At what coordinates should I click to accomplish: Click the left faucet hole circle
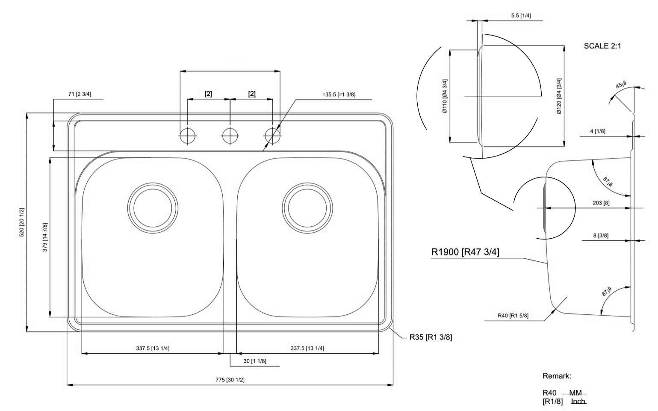187,136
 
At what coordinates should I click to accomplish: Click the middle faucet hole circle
230,136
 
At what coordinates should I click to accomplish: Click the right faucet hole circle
272,136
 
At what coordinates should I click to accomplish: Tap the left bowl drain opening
153,208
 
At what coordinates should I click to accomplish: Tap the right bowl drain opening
307,208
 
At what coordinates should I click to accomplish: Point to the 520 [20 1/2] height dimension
22,222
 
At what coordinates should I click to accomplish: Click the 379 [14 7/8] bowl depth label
45,237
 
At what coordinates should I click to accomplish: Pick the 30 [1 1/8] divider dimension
255,361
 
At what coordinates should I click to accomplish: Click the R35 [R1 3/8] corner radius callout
430,337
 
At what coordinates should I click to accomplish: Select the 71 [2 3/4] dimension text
80,94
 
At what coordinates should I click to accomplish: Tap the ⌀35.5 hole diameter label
339,95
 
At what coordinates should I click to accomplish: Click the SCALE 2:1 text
602,46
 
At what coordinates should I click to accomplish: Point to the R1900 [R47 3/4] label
465,252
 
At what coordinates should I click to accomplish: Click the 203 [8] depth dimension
601,203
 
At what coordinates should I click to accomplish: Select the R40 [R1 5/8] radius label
513,316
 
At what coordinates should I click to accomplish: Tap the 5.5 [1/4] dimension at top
521,15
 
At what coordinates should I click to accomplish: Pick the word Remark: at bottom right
557,376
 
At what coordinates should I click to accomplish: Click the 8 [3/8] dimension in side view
601,235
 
